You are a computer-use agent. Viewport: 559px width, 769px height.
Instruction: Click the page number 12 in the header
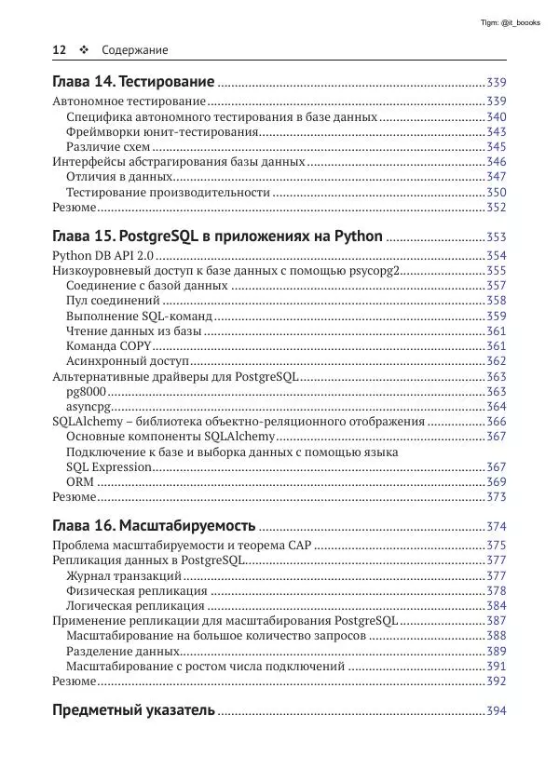(x=59, y=49)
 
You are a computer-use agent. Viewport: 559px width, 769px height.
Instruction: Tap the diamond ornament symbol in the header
(x=83, y=49)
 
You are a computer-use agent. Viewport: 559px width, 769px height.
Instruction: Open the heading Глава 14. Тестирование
(x=134, y=83)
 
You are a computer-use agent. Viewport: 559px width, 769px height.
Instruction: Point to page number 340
(x=496, y=117)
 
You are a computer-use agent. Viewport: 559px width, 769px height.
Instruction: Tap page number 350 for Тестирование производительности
(x=496, y=192)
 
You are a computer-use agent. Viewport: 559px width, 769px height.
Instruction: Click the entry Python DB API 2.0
(x=102, y=255)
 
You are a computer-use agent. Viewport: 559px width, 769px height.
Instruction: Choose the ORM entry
(x=79, y=481)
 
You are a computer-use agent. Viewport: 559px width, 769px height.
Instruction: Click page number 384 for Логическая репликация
(x=496, y=605)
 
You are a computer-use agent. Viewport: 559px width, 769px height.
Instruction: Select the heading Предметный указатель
(x=133, y=710)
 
